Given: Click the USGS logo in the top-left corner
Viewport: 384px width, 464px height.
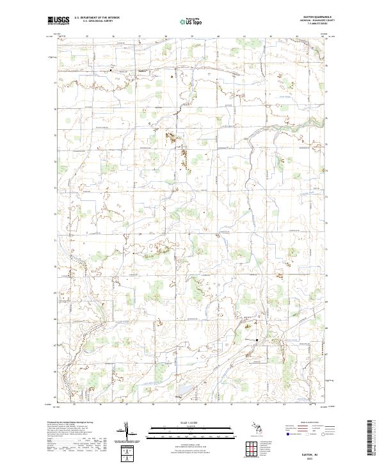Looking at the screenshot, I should click(x=58, y=20).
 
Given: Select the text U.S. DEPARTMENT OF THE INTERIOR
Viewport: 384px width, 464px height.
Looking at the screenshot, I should click(x=97, y=19).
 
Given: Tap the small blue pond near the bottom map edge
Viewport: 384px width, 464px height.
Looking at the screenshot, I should click(x=182, y=388).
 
